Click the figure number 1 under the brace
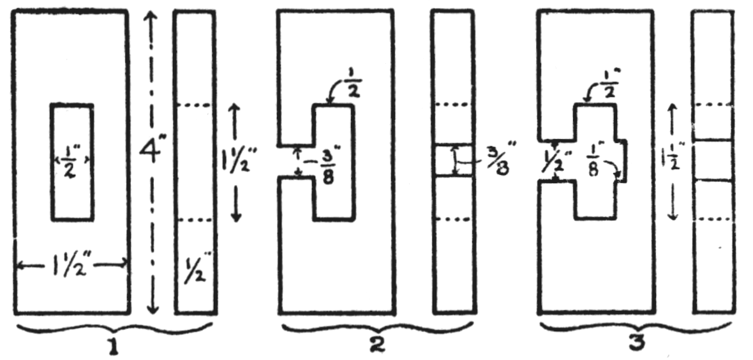114,348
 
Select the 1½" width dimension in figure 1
70,263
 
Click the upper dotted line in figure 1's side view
195,105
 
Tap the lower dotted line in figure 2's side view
454,220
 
